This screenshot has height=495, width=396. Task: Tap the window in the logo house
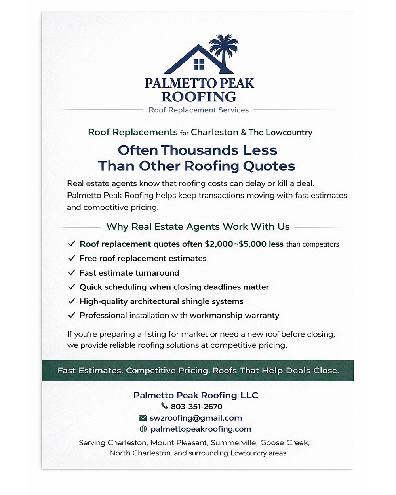click(x=198, y=64)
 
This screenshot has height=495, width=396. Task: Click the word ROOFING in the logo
click(x=199, y=97)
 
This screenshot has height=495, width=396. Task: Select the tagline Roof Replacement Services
click(x=198, y=110)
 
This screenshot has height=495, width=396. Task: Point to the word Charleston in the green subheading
click(x=214, y=132)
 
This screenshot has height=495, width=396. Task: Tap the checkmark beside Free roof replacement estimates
click(x=72, y=258)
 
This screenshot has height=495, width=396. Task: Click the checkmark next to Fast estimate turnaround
click(x=72, y=273)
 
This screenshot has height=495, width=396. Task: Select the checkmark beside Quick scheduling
click(x=72, y=287)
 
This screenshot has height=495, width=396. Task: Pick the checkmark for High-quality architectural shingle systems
click(x=72, y=301)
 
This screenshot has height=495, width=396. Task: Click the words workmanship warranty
click(x=234, y=316)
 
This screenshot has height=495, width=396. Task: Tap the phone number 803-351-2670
click(x=196, y=407)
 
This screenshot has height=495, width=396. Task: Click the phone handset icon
click(x=164, y=406)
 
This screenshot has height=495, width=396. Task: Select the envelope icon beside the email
click(x=143, y=418)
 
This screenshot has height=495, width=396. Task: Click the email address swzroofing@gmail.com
click(x=196, y=418)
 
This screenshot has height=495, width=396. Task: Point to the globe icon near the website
click(x=143, y=429)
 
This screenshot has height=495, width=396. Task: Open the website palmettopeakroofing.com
click(x=201, y=429)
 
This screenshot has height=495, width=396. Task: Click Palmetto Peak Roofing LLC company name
click(x=196, y=395)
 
